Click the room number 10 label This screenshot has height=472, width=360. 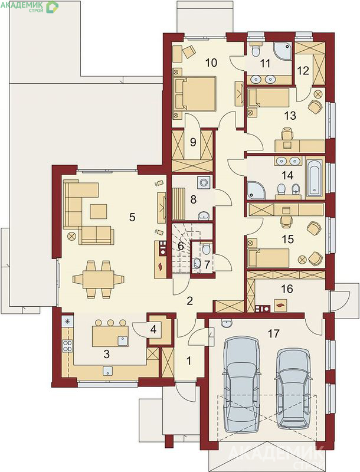coord(211,63)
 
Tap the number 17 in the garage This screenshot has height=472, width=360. coord(273,333)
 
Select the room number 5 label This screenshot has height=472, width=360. coord(132,217)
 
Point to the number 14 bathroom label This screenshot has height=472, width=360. coord(288,175)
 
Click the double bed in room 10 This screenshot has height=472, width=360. coord(194,93)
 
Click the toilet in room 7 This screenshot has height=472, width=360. coord(206,248)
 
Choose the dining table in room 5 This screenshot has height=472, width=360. coord(99,279)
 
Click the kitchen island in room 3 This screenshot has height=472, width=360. coord(110,336)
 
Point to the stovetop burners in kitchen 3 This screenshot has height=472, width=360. coord(67,346)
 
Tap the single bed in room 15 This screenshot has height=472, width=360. coord(268,258)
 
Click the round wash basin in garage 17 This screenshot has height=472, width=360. coord(226,323)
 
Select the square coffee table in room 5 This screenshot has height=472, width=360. coord(99,211)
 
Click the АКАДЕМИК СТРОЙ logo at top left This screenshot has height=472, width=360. coord(30,6)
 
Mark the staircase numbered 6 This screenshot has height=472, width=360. coord(182,248)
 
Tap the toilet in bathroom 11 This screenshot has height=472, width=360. coord(256,50)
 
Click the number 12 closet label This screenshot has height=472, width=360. coord(303,71)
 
